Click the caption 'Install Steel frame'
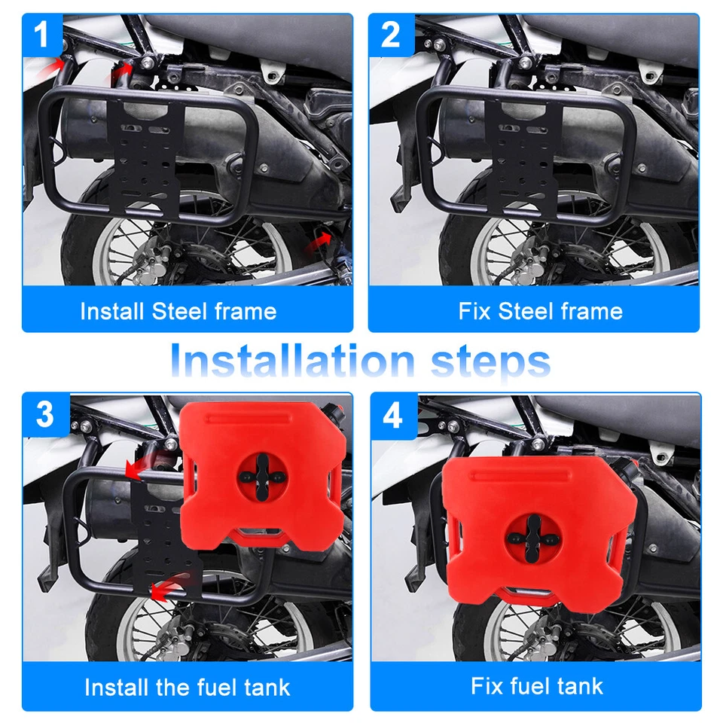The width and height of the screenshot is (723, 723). point(178,311)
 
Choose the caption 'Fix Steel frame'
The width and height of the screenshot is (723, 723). point(540,311)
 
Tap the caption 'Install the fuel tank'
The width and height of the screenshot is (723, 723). point(187,687)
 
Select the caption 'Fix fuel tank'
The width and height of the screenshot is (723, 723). point(537,685)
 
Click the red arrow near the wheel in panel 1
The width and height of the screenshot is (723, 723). point(319,242)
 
